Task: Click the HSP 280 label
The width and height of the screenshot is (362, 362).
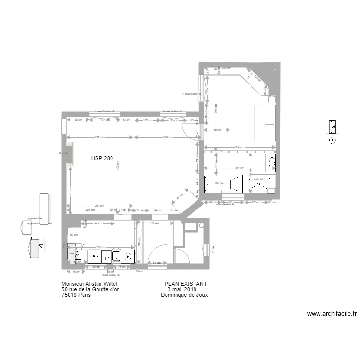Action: [x=101, y=158]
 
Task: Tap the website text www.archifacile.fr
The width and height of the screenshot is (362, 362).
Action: [x=332, y=314]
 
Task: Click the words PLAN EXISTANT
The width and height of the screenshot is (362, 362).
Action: [x=186, y=284]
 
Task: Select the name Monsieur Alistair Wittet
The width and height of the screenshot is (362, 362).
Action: [x=90, y=284]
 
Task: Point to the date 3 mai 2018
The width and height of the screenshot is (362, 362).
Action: [x=185, y=290]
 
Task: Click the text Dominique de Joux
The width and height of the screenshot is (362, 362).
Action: [x=184, y=295]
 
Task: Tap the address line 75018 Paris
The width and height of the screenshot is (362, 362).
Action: [x=76, y=295]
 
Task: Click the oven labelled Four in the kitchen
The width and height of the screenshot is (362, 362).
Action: [x=93, y=256]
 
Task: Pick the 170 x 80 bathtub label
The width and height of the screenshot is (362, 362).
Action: [x=219, y=183]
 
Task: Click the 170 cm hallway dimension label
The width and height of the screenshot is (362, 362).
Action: [x=154, y=223]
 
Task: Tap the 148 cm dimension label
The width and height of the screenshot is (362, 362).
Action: [x=97, y=223]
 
